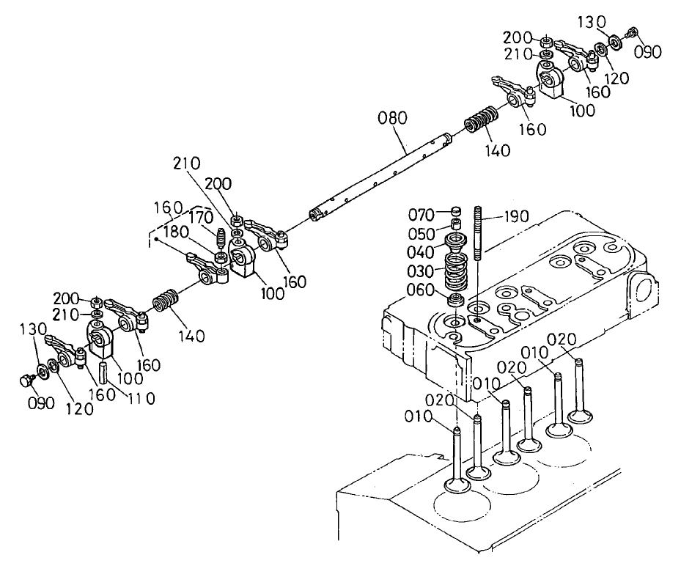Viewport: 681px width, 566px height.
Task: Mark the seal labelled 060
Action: click(x=454, y=299)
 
